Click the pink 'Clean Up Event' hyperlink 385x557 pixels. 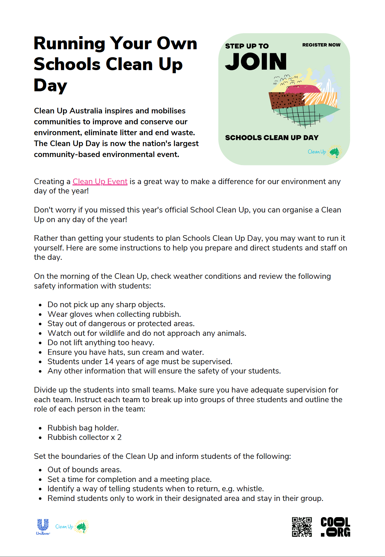point(100,182)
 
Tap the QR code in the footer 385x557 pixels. point(302,527)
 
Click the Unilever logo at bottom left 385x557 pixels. point(43,526)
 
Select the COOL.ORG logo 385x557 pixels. point(335,527)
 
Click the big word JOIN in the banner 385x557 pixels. point(256,62)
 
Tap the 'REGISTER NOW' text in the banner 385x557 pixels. point(321,45)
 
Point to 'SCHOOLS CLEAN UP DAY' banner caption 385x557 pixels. point(271,138)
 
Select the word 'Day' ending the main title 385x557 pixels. point(50,85)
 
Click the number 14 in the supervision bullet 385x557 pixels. point(109,362)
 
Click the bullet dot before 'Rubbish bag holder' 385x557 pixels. point(40,428)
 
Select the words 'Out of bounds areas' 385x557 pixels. point(84,470)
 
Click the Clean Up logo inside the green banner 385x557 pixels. point(324,152)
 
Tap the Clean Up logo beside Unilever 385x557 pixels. point(72,526)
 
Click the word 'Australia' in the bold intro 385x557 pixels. point(86,111)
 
